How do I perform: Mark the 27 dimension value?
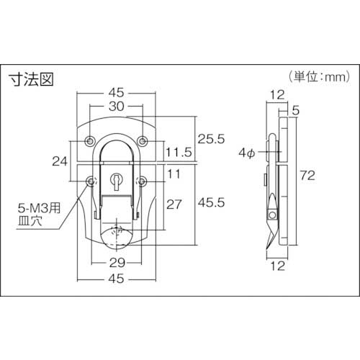click(174, 204)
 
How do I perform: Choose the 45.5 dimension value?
click(211, 204)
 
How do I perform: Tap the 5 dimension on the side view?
click(295, 110)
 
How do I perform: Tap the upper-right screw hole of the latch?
click(143, 138)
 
